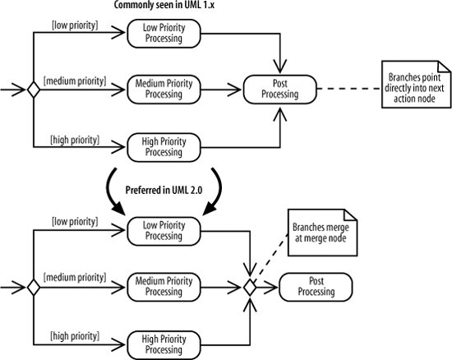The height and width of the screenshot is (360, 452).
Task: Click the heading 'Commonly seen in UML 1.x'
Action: click(x=164, y=5)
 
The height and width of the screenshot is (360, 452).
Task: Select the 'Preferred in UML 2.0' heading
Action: click(x=164, y=190)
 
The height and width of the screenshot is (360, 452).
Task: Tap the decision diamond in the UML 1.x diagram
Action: click(x=34, y=90)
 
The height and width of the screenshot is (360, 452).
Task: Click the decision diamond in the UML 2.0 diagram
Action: click(x=34, y=288)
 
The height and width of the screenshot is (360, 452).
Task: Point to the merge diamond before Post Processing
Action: click(x=250, y=288)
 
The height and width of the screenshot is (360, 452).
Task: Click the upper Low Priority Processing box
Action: click(x=164, y=34)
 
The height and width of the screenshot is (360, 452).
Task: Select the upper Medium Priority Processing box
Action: click(x=164, y=90)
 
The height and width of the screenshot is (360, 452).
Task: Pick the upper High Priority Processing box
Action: click(x=164, y=147)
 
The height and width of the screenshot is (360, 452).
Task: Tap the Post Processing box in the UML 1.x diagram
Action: click(x=280, y=90)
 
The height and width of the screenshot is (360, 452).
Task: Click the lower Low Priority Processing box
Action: click(x=164, y=231)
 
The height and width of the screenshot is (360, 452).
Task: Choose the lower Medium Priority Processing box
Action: click(x=164, y=287)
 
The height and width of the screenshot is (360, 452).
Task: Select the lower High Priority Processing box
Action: click(x=164, y=345)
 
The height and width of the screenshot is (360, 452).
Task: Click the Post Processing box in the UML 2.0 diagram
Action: click(x=316, y=287)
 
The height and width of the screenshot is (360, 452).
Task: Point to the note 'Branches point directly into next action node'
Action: click(x=416, y=85)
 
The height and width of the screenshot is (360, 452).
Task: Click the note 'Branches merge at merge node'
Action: click(x=323, y=233)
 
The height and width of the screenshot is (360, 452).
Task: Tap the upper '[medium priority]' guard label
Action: click(x=75, y=81)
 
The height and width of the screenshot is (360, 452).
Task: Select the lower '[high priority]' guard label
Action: click(x=75, y=336)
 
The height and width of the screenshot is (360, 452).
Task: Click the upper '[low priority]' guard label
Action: click(x=75, y=25)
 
